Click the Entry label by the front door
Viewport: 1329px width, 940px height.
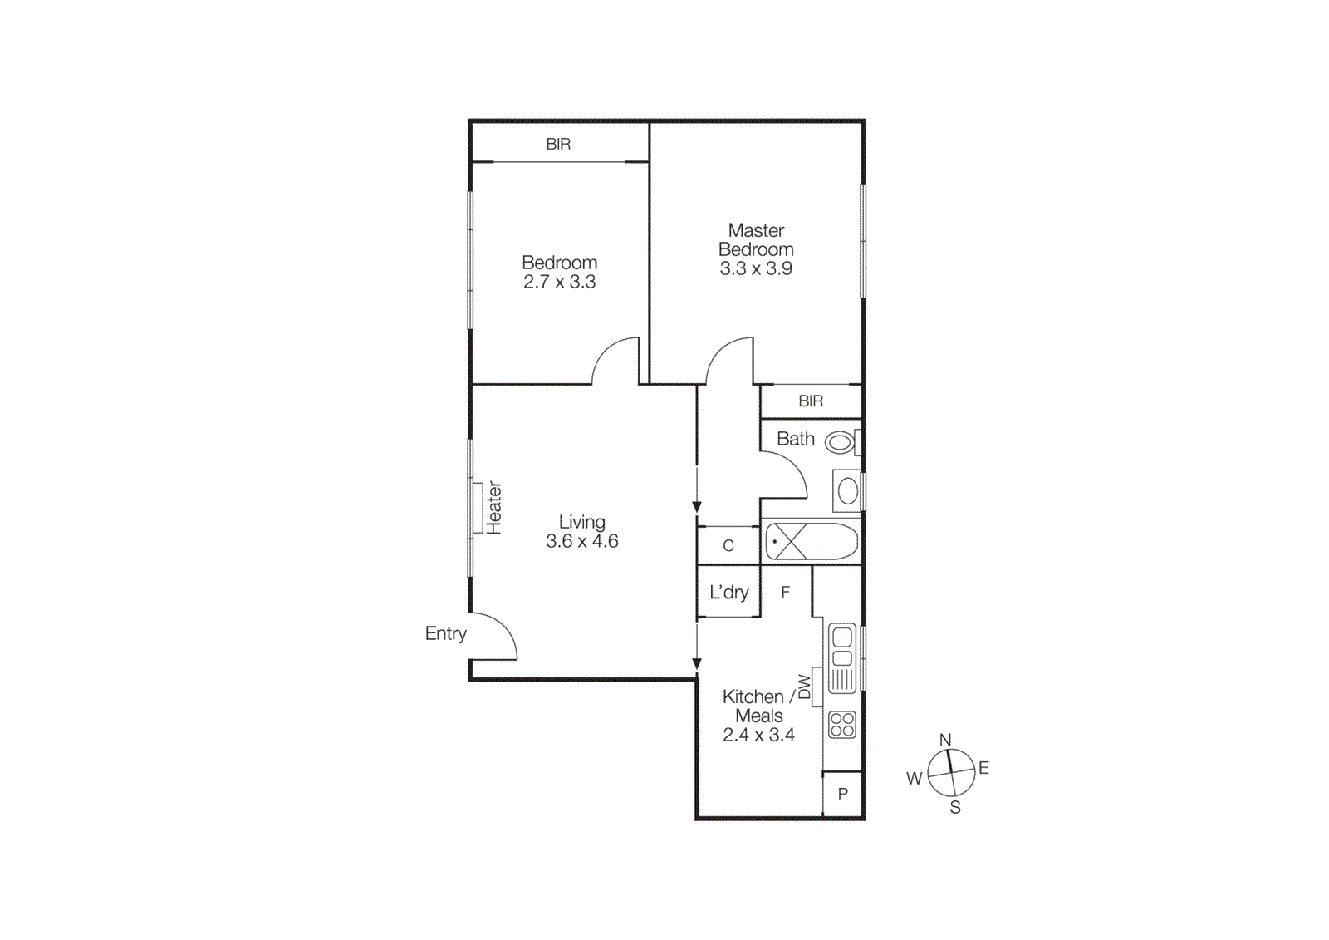tap(445, 633)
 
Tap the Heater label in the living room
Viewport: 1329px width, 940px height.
tap(494, 508)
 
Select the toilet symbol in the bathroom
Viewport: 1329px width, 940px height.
tap(841, 442)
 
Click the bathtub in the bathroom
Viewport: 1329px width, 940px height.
tap(811, 542)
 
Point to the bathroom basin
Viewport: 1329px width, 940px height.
tap(847, 491)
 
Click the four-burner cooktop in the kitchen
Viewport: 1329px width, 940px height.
tap(842, 725)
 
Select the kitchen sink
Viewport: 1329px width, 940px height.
tap(842, 658)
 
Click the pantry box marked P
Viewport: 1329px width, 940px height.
tap(842, 794)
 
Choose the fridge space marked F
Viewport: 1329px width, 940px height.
tap(785, 592)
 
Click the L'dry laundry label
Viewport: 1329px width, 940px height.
tap(728, 592)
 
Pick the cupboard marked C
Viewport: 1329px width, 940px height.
tap(728, 545)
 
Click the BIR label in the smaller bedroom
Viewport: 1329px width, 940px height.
tap(558, 144)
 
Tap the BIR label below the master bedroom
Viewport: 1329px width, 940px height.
tap(811, 401)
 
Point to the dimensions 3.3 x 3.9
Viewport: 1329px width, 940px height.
tap(756, 268)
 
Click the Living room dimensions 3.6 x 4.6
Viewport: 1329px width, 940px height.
tap(581, 541)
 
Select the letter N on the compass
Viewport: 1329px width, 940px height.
tap(945, 740)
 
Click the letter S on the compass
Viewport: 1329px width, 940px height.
tap(955, 807)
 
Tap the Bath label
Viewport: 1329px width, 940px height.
tap(795, 439)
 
